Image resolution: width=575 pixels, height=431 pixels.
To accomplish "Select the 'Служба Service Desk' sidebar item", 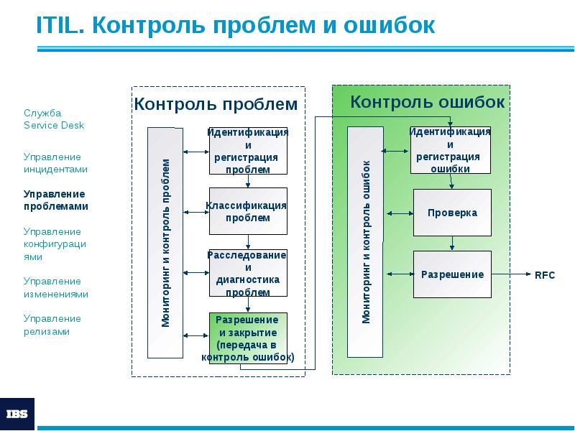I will [x=54, y=119].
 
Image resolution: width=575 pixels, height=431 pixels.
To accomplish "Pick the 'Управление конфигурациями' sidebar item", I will [x=55, y=244].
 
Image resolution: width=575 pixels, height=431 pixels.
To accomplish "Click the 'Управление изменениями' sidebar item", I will [x=55, y=287].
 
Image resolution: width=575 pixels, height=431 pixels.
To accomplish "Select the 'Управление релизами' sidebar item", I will [x=52, y=325].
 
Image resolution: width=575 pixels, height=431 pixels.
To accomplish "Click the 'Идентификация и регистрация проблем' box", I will [x=248, y=151].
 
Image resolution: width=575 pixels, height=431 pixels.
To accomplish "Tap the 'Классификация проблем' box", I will [x=248, y=211].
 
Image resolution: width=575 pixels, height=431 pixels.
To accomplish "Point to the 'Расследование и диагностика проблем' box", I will [x=248, y=273].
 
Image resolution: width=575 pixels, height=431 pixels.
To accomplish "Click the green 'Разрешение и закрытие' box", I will [x=248, y=338].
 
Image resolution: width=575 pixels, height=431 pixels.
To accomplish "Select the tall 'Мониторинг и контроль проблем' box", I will [x=165, y=243].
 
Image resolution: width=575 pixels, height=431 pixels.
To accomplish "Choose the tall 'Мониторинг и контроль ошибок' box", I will [x=365, y=242].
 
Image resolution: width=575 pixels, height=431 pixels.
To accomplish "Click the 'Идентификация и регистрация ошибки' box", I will [x=450, y=150].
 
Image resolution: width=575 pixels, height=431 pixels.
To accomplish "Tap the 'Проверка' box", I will [x=452, y=213].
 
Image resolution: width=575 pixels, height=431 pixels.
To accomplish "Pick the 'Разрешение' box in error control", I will [x=452, y=274].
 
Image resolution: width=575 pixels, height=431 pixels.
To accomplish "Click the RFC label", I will [x=545, y=275].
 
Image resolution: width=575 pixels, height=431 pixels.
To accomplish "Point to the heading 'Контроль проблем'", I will [x=216, y=104].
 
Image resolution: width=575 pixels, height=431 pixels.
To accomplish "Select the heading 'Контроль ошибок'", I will [x=427, y=102].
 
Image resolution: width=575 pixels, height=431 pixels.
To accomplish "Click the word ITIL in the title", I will [x=59, y=25].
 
